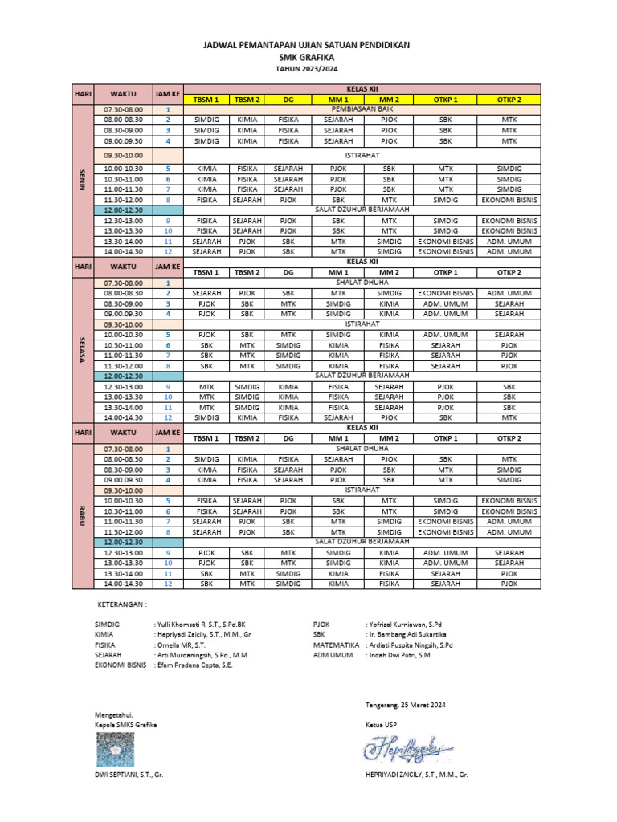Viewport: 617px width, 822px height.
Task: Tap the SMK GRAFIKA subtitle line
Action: [308, 59]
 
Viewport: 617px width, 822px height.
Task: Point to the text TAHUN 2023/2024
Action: [308, 70]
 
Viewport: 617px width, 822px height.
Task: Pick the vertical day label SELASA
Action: [82, 348]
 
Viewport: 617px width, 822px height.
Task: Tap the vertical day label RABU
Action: [82, 516]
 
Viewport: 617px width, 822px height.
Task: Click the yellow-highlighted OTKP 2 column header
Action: [509, 99]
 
